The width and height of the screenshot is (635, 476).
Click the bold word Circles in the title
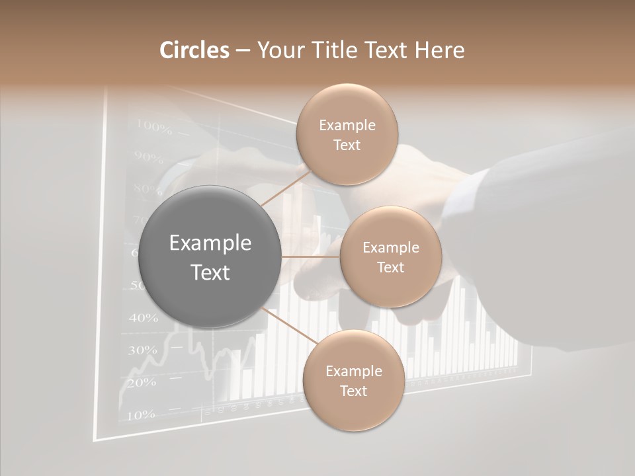[194, 50]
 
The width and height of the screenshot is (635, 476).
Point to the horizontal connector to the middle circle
[311, 257]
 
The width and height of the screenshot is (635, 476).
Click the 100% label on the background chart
[154, 125]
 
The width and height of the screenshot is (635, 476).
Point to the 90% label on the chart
[148, 157]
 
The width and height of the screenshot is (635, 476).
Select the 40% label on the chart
[143, 318]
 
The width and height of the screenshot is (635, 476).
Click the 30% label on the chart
[142, 350]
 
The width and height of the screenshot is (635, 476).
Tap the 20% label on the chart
[141, 383]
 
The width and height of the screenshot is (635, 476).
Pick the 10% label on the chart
[140, 415]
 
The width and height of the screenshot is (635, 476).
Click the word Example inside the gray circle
[210, 243]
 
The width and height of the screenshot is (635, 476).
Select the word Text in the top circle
[347, 145]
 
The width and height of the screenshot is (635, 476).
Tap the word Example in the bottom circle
[353, 372]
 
